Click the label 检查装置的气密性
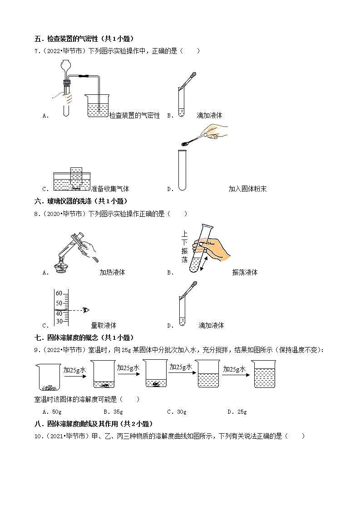coord(134,116)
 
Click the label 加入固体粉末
coord(247,189)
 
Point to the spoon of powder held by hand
coord(186,143)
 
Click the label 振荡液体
coord(245,273)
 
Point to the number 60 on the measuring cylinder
coord(59,294)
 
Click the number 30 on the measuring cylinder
coord(59,321)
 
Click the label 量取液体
coord(104,325)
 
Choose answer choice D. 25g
coord(237,412)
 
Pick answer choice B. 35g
coord(113,412)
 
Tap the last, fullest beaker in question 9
coord(264,374)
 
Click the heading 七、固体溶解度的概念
coord(84,338)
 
